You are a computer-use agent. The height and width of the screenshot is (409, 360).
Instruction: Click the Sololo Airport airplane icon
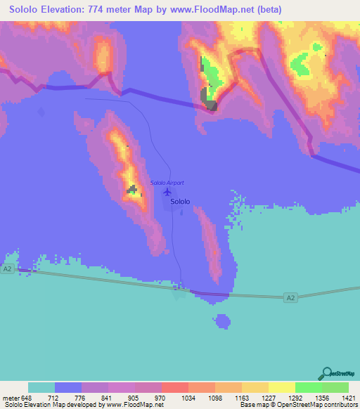pos(167,191)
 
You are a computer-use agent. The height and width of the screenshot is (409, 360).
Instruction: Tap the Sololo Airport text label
pos(167,183)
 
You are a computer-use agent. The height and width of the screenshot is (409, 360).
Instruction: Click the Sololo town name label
pos(180,201)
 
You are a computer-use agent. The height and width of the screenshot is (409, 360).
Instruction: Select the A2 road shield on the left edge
pos(8,269)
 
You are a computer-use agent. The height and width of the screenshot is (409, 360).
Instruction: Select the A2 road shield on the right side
pos(291,299)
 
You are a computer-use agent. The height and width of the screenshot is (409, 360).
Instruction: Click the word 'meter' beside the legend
pos(9,397)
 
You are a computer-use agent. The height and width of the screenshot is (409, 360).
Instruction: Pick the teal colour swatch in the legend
pos(41,387)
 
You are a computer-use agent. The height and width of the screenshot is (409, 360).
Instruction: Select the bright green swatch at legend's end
pos(335,387)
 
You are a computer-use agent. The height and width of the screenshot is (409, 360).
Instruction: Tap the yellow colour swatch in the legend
pos(281,387)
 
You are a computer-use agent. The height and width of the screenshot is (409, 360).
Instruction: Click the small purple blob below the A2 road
pos(223,322)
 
